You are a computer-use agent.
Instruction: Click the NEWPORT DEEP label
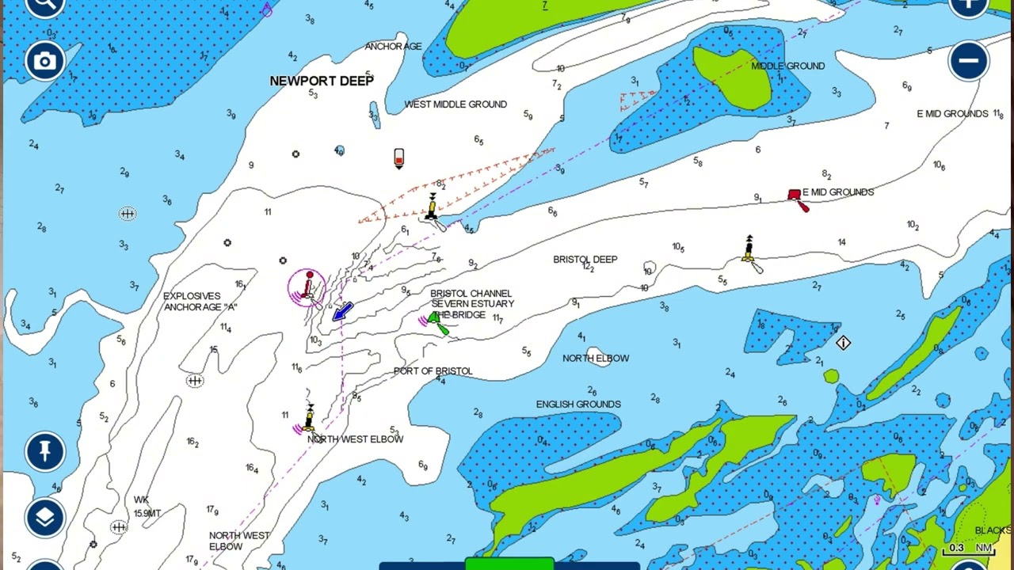322,81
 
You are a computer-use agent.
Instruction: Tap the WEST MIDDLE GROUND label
456,104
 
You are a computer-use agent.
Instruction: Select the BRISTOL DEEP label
585,260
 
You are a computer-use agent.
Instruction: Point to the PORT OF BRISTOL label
433,371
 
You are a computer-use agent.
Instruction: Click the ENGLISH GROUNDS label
578,405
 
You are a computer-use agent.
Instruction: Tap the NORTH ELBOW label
596,359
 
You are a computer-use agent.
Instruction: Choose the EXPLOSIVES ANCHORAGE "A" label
200,302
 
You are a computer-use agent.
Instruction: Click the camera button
44,61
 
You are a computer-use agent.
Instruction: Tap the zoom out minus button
968,61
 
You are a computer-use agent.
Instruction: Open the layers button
44,517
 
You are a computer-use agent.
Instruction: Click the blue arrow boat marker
342,311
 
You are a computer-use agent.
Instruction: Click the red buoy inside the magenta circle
308,286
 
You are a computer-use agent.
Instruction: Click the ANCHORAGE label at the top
393,47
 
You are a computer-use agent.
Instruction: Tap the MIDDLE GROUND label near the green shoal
787,66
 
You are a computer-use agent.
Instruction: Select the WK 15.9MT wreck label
147,507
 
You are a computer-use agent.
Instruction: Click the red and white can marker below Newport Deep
399,158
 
